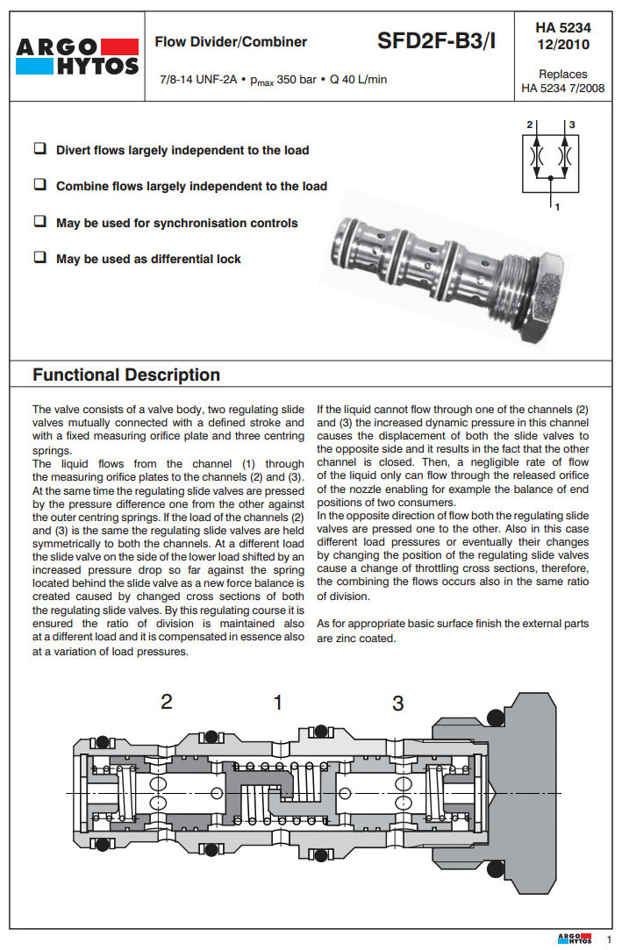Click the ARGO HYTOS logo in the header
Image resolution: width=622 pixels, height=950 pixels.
pos(76,55)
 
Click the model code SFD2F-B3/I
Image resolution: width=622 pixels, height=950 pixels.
pos(436,40)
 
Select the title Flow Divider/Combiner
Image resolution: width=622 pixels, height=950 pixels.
pos(231,41)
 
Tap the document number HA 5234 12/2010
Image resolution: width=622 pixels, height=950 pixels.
pos(562,36)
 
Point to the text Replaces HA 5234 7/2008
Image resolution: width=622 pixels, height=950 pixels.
pos(562,81)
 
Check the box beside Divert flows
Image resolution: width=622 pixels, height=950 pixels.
pos(39,149)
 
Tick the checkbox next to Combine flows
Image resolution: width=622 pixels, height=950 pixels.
pos(39,185)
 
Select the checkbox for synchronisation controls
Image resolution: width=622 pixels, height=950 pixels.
pos(39,222)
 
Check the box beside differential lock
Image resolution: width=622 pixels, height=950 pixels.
pos(39,258)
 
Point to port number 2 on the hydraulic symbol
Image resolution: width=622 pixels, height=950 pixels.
pos(530,125)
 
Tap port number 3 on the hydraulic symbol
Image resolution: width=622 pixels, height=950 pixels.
pos(571,125)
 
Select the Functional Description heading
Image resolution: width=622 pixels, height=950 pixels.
pos(126,375)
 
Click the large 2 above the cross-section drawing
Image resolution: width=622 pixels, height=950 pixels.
pos(166,702)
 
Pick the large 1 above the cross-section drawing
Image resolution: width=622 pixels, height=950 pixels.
pos(278,702)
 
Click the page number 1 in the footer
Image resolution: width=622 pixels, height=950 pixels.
pos(608,939)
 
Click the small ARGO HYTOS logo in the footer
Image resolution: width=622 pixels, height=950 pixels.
pos(575,939)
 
